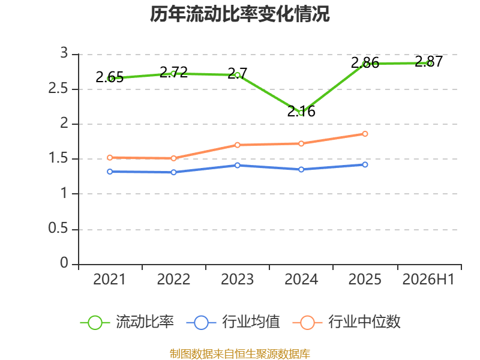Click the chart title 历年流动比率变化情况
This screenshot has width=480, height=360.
pyautogui.click(x=239, y=14)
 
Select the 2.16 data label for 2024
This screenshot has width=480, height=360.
pyautogui.click(x=301, y=111)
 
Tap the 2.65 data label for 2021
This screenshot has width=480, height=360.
pyautogui.click(x=110, y=77)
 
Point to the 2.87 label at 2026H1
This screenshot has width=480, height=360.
pyautogui.click(x=429, y=62)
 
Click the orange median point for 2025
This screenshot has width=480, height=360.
pyautogui.click(x=365, y=134)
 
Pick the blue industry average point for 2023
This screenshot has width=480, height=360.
pyautogui.click(x=237, y=166)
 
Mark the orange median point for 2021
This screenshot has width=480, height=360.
pyautogui.click(x=110, y=158)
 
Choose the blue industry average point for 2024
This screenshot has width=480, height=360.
pyautogui.click(x=301, y=169)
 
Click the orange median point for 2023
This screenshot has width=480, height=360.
pyautogui.click(x=237, y=145)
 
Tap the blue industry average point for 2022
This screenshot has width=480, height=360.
pyautogui.click(x=173, y=172)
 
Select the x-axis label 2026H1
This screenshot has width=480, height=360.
pyautogui.click(x=428, y=280)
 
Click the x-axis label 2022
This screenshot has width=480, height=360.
pyautogui.click(x=173, y=280)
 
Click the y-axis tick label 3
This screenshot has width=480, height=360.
pyautogui.click(x=64, y=53)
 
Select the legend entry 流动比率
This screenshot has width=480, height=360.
pyautogui.click(x=127, y=322)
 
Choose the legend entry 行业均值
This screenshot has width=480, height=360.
pyautogui.click(x=233, y=322)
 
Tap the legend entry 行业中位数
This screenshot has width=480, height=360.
pyautogui.click(x=347, y=322)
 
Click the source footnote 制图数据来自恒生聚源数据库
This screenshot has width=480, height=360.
pyautogui.click(x=240, y=354)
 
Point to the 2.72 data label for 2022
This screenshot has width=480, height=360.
pyautogui.click(x=173, y=72)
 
